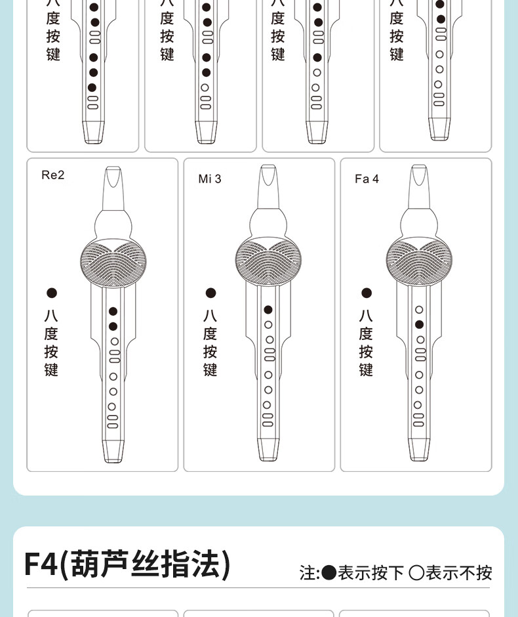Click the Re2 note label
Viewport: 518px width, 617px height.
coord(52,175)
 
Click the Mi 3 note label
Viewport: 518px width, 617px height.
coord(210,179)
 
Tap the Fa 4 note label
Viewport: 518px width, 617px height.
coord(367,179)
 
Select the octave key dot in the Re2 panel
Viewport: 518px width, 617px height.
coord(52,293)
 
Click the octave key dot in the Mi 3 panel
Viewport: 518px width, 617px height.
coord(210,293)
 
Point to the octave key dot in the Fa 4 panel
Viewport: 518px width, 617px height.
coord(367,293)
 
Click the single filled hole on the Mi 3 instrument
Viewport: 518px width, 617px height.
coord(268,310)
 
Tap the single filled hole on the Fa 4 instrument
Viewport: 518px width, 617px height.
coord(420,325)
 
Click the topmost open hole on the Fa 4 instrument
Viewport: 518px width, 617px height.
coord(420,310)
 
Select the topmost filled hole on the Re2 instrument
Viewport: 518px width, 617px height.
coord(113,312)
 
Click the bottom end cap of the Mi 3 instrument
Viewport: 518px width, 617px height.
coord(268,450)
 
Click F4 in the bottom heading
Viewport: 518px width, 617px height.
coord(41,563)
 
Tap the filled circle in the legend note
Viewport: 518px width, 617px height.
coord(329,573)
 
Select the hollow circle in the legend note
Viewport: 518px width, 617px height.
coord(416,573)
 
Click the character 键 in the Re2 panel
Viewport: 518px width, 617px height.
coord(51,370)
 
